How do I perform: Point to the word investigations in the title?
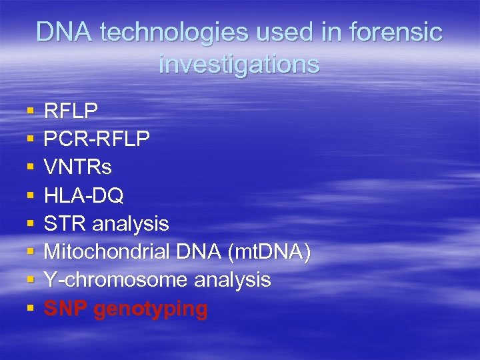[239, 64]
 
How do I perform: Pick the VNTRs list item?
[78, 167]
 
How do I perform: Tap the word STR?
[65, 223]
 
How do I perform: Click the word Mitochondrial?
[107, 252]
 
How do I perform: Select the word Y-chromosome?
[116, 280]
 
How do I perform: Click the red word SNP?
[67, 309]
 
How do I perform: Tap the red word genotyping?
[151, 309]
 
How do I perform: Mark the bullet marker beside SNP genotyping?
[30, 309]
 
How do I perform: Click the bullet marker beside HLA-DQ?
[30, 195]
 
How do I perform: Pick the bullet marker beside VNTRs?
[30, 167]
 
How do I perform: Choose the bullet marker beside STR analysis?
[30, 223]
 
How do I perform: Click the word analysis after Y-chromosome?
[233, 280]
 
